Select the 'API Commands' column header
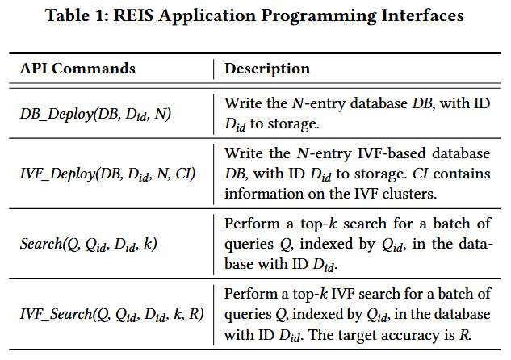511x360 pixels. (x=77, y=69)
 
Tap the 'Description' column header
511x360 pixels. (x=267, y=69)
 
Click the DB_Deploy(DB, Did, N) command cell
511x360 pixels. (x=95, y=113)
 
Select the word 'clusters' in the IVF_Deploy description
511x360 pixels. (x=407, y=193)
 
